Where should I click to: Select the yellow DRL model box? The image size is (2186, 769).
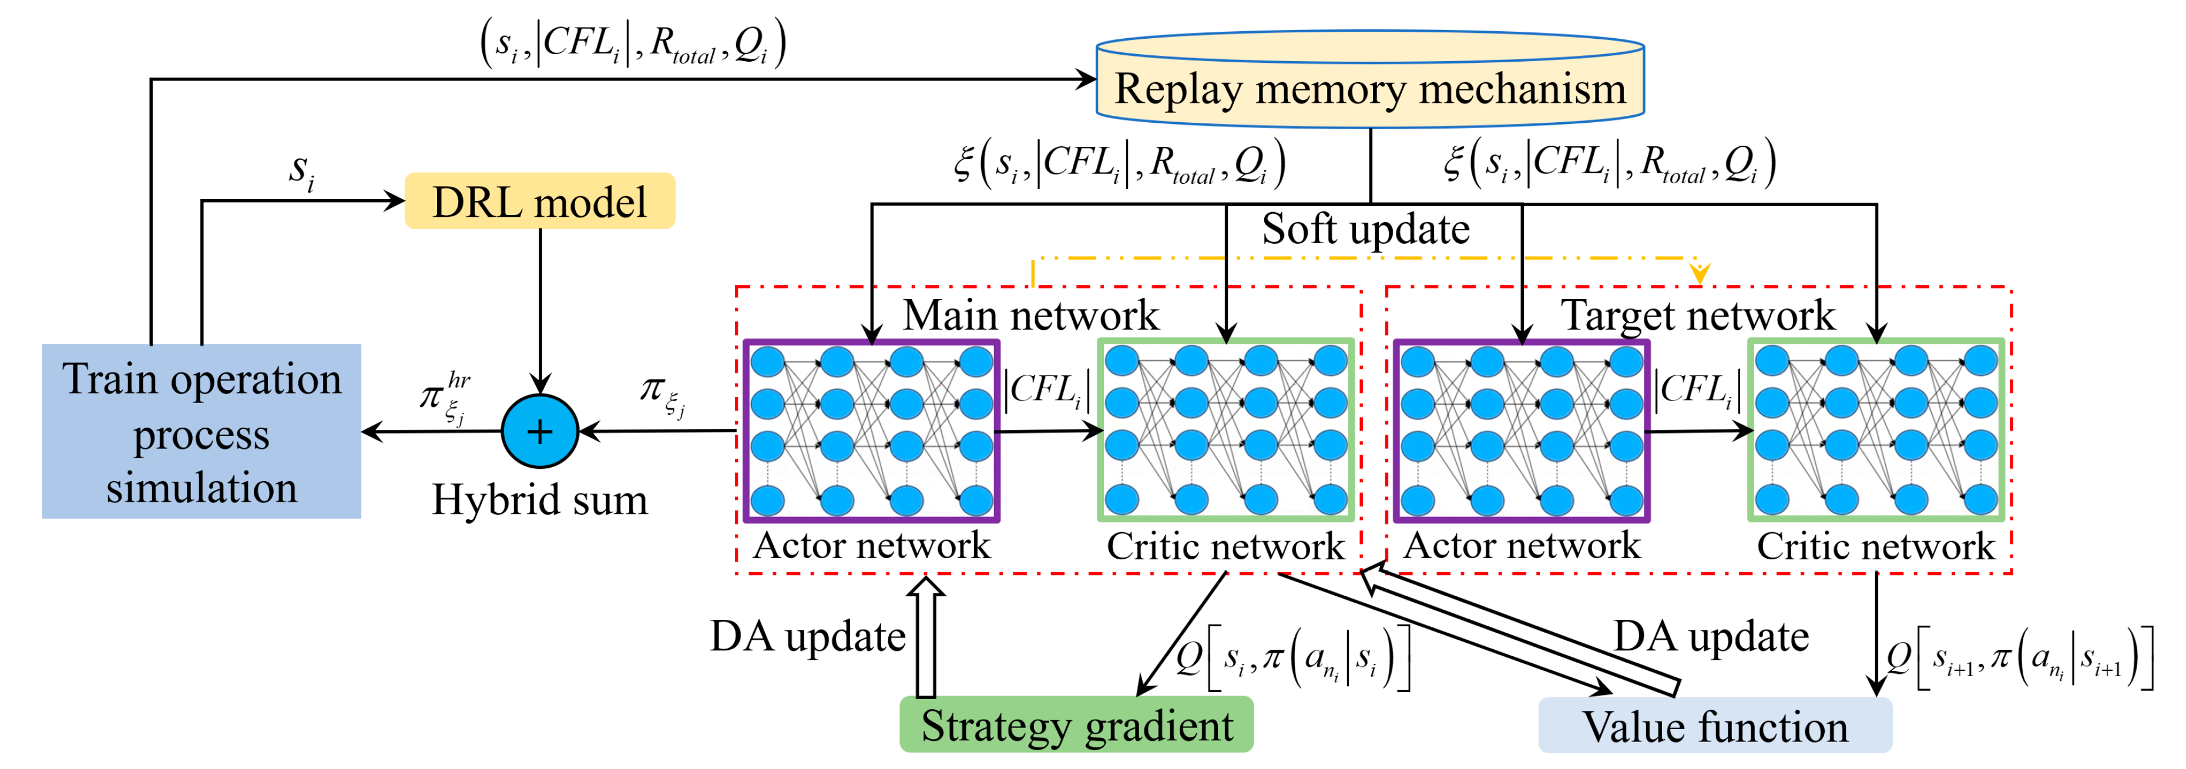click(540, 202)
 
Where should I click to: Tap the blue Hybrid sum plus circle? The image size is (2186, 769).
click(540, 431)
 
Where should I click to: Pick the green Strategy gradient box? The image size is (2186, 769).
click(1076, 725)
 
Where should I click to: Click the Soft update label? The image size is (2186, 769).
click(1365, 229)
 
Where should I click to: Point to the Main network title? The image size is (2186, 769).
click(1030, 315)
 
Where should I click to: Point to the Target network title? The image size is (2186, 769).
click(1697, 315)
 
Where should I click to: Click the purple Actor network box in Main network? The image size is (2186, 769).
click(871, 431)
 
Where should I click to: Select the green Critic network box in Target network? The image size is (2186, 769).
click(1875, 431)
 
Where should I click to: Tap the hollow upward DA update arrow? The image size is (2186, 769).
click(926, 637)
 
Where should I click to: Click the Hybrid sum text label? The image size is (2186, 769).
click(540, 500)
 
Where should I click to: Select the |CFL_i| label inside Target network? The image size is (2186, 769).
click(1697, 391)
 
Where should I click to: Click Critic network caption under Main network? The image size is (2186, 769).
click(1225, 546)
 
